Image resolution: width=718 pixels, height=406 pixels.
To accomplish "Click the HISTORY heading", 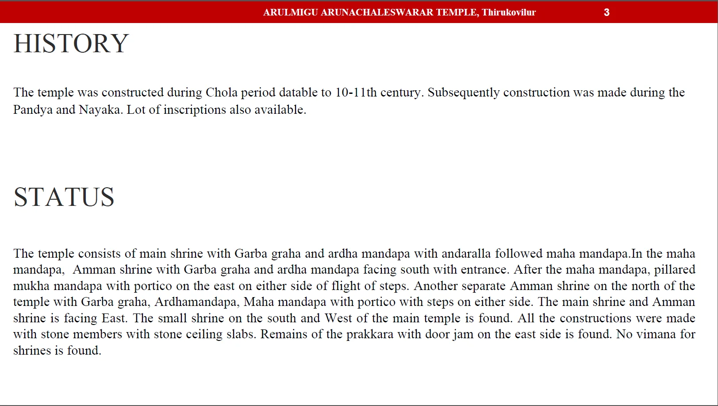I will pos(71,43).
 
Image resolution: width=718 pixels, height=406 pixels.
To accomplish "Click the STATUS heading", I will pos(64,197).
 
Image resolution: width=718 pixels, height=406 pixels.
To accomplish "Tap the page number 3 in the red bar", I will pos(607,12).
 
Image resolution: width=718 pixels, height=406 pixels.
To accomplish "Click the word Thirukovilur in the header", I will pos(509,12).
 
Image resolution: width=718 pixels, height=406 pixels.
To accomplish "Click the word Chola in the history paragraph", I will pos(221,92).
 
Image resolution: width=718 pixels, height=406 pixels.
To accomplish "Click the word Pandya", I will pos(32,110).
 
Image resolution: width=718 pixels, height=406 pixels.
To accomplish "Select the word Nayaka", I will pos(100,110).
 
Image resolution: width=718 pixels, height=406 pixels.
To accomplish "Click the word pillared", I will pos(675,270).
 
